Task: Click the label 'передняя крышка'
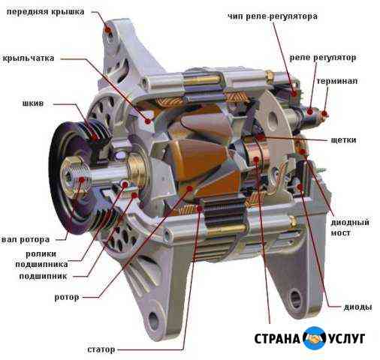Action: (x=45, y=12)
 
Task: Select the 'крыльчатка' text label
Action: (x=29, y=58)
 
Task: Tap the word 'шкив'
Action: (x=33, y=103)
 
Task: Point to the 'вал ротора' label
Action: (x=26, y=239)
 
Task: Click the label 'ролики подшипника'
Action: (x=41, y=259)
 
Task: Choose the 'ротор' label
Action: (x=67, y=297)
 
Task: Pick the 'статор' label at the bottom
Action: (x=101, y=349)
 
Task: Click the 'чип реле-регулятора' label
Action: (x=273, y=16)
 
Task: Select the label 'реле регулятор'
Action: (x=323, y=58)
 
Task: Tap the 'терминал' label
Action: (x=337, y=81)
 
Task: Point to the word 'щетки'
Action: (x=343, y=139)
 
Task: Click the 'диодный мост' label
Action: (x=350, y=227)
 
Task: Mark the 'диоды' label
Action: (x=357, y=307)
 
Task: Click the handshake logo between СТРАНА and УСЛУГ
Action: (x=314, y=337)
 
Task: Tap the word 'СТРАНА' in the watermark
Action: (x=277, y=339)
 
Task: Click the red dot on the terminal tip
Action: (x=324, y=114)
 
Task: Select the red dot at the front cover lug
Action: (x=108, y=30)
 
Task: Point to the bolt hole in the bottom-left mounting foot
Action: (x=153, y=320)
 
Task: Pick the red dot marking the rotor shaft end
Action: (x=81, y=179)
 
